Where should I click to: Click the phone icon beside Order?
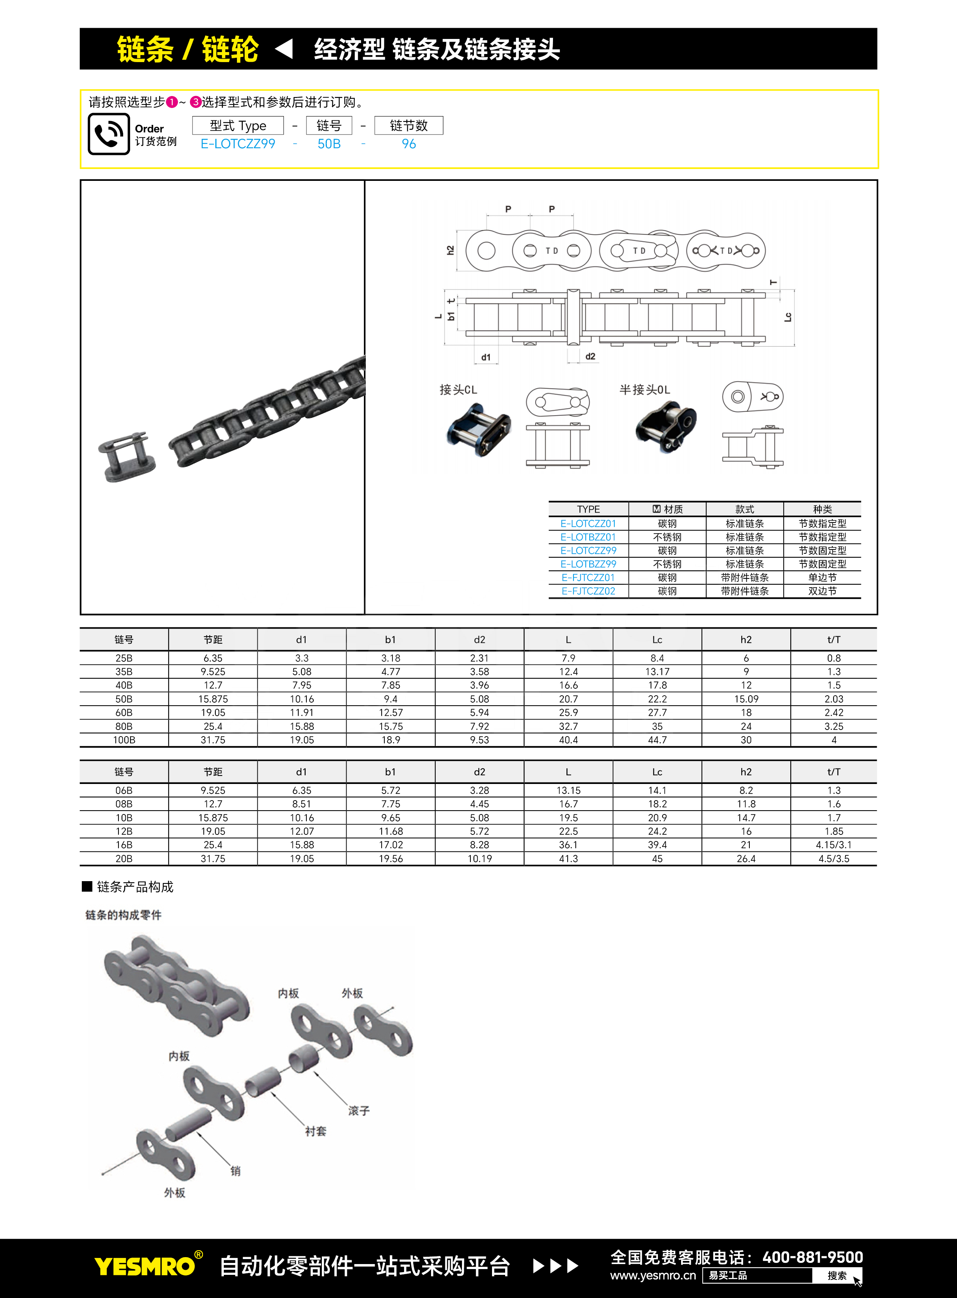click(x=109, y=134)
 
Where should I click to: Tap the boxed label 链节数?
click(x=409, y=126)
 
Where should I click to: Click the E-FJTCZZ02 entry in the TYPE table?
click(x=588, y=591)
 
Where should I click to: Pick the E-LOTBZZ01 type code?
click(x=588, y=537)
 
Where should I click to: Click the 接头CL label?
click(x=458, y=389)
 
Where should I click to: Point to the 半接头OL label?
click(x=645, y=389)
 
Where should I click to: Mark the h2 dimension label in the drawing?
click(x=450, y=250)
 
